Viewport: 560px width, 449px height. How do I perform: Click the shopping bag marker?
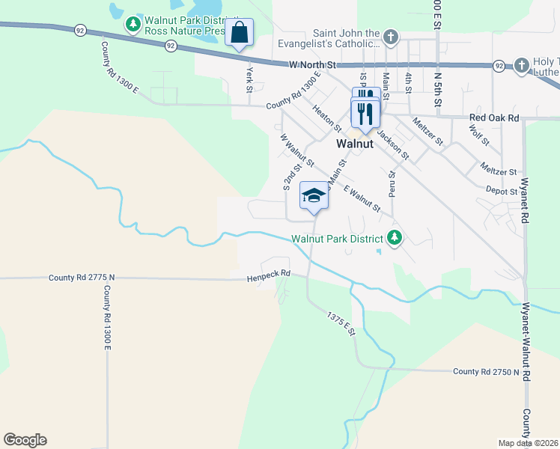coord(239,33)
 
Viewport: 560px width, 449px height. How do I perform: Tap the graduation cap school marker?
coord(314,197)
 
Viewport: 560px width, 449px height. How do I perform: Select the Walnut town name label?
coord(355,143)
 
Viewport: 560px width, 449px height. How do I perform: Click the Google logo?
coord(25,440)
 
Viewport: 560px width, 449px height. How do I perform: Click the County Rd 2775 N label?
coord(82,278)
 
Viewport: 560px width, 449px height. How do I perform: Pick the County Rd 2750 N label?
coord(486,371)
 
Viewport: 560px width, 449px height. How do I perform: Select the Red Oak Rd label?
coord(493,117)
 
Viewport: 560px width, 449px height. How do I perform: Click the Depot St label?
coord(502,191)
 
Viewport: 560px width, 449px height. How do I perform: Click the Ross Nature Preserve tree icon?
coord(133,25)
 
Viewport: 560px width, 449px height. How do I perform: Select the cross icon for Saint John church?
coord(390,37)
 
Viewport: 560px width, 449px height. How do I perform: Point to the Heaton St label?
coord(327,118)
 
